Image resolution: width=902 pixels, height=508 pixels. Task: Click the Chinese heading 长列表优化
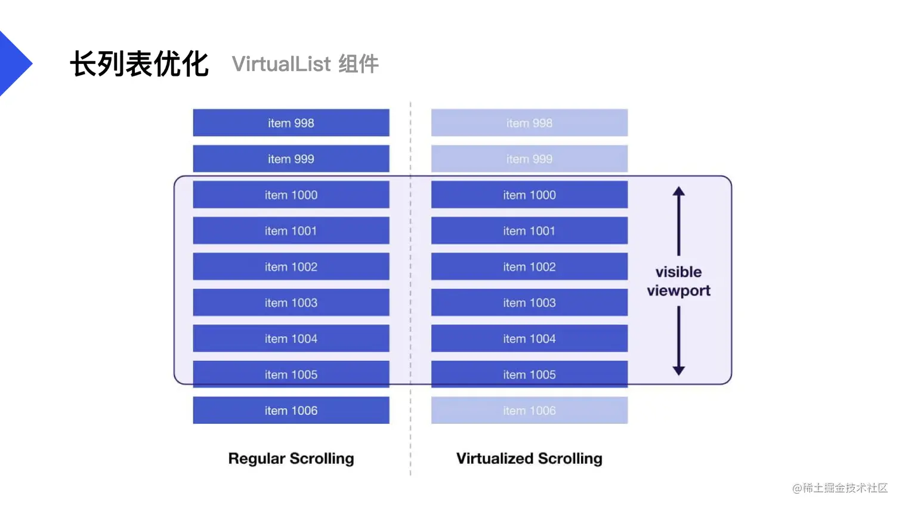pos(140,64)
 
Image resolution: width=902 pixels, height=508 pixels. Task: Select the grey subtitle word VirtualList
pos(281,64)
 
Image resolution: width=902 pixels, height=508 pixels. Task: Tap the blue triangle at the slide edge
pos(16,63)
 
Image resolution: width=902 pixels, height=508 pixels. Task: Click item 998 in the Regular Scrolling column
pos(291,122)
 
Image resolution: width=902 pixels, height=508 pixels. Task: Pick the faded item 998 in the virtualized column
pos(529,122)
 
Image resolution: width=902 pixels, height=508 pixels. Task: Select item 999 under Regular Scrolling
pos(291,159)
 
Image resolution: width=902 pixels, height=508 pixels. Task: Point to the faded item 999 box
pos(529,159)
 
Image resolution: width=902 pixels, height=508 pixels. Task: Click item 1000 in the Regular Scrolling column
pos(291,195)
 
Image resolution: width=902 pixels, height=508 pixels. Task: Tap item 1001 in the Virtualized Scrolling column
pos(529,230)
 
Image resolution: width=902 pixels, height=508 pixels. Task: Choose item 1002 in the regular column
pos(291,266)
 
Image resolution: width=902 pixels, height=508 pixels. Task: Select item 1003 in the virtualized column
pos(529,302)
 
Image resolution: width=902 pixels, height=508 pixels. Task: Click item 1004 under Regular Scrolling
pos(291,338)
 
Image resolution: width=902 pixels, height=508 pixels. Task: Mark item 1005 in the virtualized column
pos(529,374)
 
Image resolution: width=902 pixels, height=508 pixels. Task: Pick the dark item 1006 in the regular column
pos(291,410)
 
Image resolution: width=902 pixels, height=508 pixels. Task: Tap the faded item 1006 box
pos(529,410)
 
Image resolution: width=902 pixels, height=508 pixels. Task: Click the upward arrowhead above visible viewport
pos(678,191)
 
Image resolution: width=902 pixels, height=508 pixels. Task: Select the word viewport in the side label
pos(678,291)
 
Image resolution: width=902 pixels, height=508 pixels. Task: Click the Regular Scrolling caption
pos(291,458)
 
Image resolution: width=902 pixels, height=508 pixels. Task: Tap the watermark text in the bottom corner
pos(839,488)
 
